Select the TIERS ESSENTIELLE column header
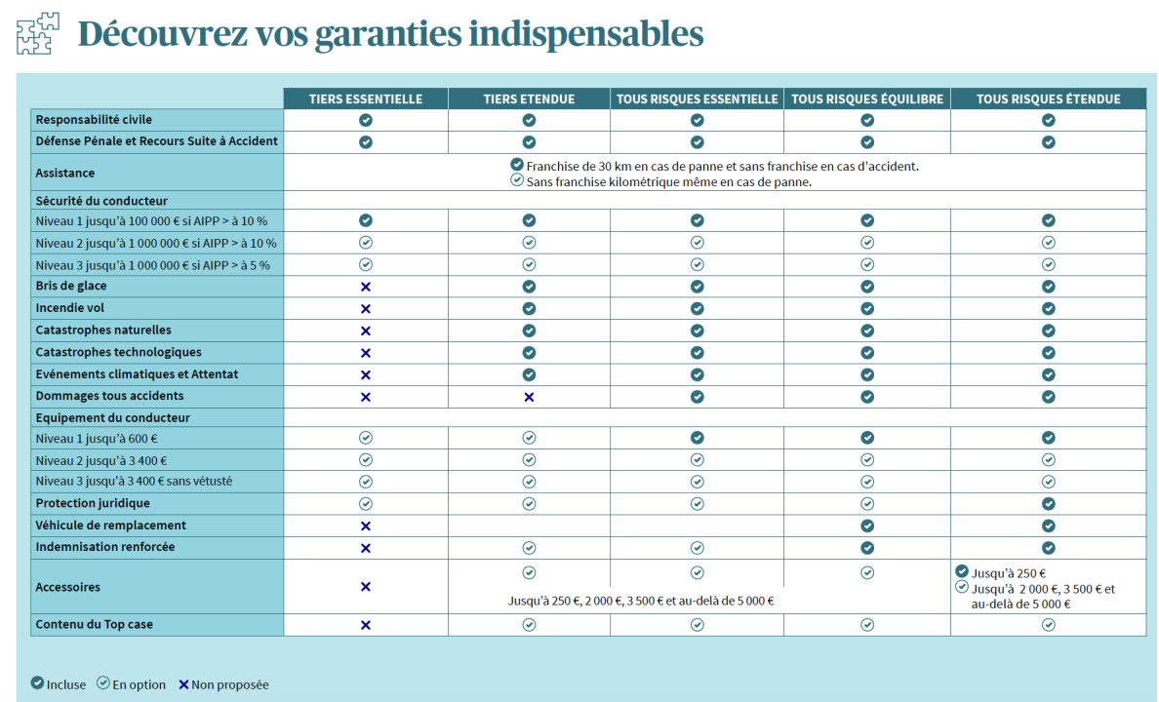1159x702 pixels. click(366, 98)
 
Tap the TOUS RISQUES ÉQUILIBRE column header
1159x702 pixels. click(866, 98)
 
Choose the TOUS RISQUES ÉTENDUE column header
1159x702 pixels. click(1048, 98)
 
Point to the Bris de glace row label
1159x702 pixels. click(71, 286)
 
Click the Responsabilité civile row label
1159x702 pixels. click(94, 120)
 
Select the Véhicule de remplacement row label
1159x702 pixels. click(110, 526)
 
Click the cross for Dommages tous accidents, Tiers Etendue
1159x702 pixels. click(529, 397)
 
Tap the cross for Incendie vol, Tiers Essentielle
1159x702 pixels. click(366, 308)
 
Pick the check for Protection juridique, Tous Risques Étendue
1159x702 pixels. click(1048, 504)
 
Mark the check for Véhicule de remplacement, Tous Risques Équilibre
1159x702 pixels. click(866, 526)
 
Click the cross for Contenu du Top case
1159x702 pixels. click(366, 625)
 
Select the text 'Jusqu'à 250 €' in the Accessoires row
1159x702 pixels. click(1008, 574)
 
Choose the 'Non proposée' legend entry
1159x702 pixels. click(223, 684)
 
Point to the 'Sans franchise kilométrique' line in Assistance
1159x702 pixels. click(668, 181)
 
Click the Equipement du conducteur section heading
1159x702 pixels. click(112, 417)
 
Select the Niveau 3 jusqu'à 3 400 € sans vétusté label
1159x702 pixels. click(134, 482)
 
